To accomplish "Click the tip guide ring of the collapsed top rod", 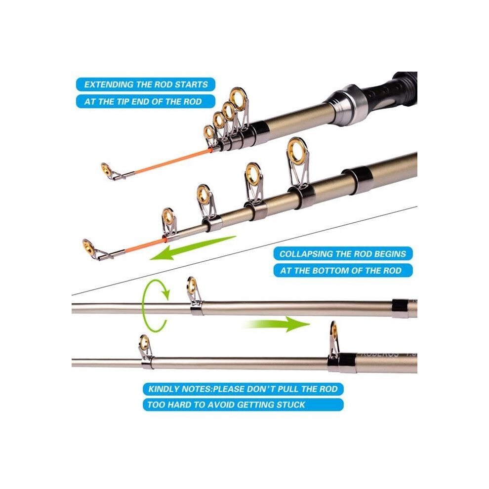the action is [106, 169].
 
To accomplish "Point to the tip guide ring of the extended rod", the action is [88, 246].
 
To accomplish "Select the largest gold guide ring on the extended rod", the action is [298, 151].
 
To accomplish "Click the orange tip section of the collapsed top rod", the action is [173, 161].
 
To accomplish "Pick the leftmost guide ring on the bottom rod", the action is [144, 343].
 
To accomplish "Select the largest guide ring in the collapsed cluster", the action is [239, 99].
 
